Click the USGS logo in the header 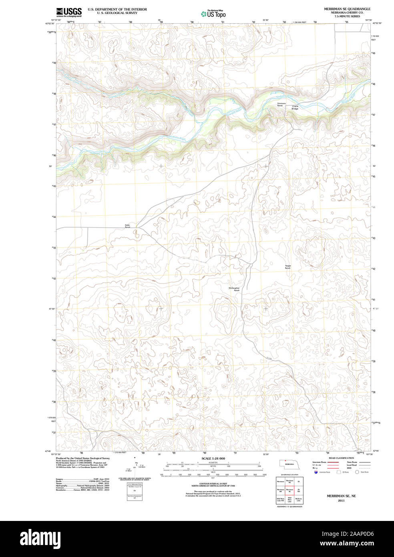pyautogui.click(x=69, y=12)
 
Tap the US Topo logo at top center pyautogui.click(x=213, y=14)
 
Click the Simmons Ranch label pyautogui.click(x=281, y=105)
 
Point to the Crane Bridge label pyautogui.click(x=295, y=107)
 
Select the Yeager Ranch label pyautogui.click(x=287, y=267)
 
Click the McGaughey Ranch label pyautogui.click(x=234, y=289)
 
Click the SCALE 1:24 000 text pyautogui.click(x=213, y=458)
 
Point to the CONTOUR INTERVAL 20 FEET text pyautogui.click(x=213, y=484)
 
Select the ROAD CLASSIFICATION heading pyautogui.click(x=341, y=458)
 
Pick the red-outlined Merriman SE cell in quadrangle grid pyautogui.click(x=289, y=490)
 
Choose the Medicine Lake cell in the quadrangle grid pyautogui.click(x=298, y=500)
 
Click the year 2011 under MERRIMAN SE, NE pyautogui.click(x=341, y=500)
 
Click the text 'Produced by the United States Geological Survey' pyautogui.click(x=82, y=458)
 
